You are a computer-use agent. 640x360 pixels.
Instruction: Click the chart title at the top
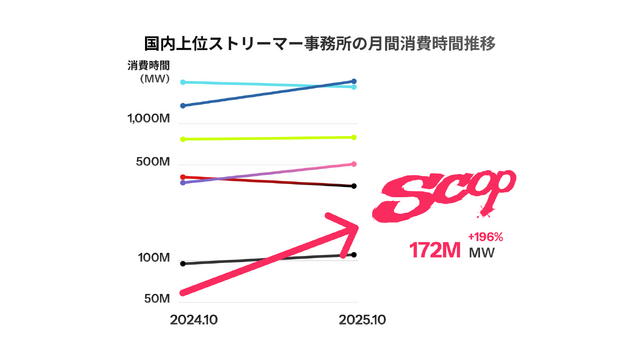319,45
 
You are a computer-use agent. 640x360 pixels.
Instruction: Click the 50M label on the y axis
156,298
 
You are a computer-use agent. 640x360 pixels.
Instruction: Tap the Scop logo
442,195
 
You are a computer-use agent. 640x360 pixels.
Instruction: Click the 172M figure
434,250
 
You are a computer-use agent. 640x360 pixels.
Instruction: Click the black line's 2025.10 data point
355,255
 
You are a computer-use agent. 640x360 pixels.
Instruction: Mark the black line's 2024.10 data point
182,263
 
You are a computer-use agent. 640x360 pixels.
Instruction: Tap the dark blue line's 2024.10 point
182,105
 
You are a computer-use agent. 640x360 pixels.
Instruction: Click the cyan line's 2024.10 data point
182,82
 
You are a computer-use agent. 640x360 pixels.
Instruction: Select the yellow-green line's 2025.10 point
355,137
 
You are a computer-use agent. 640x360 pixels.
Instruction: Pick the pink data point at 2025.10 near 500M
355,164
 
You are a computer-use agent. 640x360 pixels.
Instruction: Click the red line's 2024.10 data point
182,177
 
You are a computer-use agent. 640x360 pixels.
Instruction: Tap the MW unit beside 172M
483,253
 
